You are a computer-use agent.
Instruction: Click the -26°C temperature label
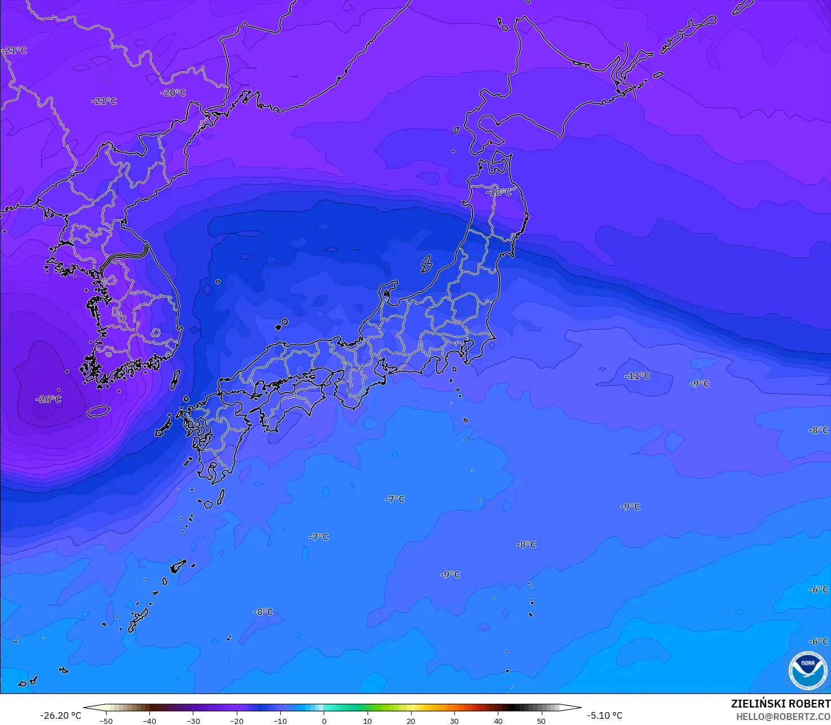(48, 399)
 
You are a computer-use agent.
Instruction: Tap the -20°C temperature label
(173, 93)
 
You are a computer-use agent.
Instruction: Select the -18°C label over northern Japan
(499, 192)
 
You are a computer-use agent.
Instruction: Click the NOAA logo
(808, 670)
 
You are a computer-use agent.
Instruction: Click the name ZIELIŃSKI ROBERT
(780, 704)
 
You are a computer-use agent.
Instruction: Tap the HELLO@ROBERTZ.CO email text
(783, 717)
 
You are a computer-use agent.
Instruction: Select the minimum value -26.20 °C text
(60, 715)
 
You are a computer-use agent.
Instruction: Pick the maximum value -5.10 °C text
(604, 715)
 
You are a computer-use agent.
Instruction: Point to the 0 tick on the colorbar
(324, 720)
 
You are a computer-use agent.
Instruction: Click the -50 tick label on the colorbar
(106, 720)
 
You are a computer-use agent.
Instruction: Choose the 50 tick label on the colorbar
(541, 720)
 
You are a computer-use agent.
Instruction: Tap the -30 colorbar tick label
(193, 720)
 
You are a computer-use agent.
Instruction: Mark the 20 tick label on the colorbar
(411, 720)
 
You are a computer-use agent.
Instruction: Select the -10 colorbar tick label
(280, 720)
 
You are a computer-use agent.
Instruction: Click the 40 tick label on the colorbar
(498, 720)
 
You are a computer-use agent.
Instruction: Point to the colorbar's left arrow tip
(85, 708)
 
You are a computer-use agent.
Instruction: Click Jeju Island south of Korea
(98, 411)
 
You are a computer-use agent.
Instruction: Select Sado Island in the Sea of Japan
(426, 264)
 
